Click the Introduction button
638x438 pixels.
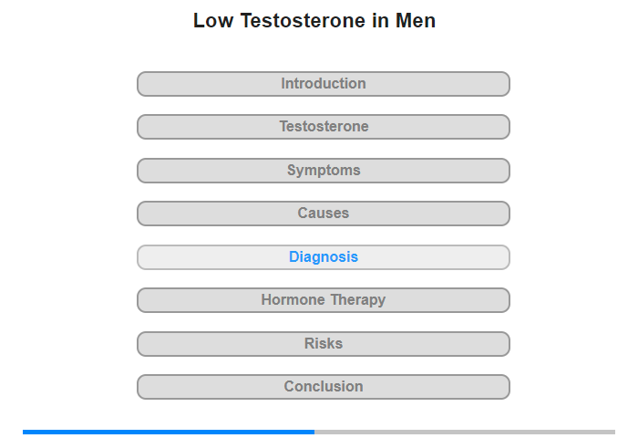pos(324,84)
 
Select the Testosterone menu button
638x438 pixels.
pos(324,127)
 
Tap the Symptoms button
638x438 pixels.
pos(324,171)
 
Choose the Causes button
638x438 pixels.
pos(324,214)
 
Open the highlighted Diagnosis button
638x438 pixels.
pos(324,257)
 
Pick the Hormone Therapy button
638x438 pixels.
pos(324,300)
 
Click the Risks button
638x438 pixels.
pos(324,344)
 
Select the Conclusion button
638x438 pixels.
pos(324,387)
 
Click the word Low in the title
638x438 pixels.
pos(213,20)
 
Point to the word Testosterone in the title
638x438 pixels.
pos(303,20)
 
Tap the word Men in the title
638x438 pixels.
pos(416,20)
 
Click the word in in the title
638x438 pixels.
pos(380,20)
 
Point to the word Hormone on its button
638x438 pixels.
pos(293,300)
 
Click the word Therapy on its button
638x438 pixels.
pos(358,301)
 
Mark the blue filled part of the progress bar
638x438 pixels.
pos(169,432)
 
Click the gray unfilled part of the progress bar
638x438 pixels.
pos(465,432)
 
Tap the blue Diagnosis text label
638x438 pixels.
pos(324,257)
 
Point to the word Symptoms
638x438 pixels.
pos(324,171)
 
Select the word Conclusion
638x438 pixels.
pos(324,386)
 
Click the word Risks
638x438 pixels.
pos(324,343)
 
